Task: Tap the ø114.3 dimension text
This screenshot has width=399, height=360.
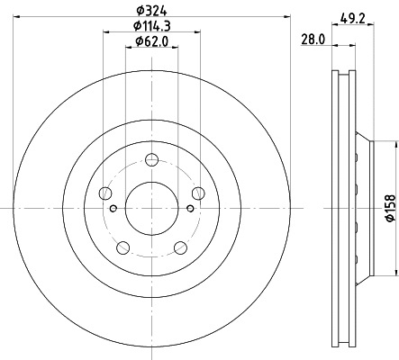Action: click(x=151, y=25)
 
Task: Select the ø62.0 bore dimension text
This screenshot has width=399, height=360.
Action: click(x=151, y=41)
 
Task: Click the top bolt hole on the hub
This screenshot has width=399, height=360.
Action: click(x=151, y=161)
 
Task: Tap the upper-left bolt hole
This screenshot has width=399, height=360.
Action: click(x=106, y=193)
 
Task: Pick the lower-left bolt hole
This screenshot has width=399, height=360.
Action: click(x=123, y=247)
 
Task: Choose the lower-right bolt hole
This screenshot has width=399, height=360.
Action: click(x=179, y=247)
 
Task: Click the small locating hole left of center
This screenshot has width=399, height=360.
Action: click(x=113, y=209)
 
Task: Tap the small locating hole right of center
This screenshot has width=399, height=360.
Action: click(x=190, y=209)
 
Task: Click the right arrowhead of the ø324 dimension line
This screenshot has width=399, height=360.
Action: click(x=289, y=15)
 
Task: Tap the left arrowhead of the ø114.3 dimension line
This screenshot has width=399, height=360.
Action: click(x=106, y=31)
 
